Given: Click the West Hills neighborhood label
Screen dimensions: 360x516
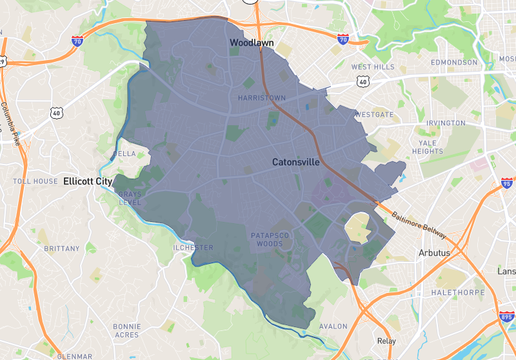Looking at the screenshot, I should (x=374, y=67).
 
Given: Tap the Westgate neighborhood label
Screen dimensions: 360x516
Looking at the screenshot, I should (x=375, y=115).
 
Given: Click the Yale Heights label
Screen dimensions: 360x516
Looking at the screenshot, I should (x=430, y=147).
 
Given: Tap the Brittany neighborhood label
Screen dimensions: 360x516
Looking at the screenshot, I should (x=61, y=247).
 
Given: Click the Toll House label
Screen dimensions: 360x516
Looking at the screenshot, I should (x=35, y=182).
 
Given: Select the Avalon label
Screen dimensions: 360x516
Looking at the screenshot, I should (x=332, y=325).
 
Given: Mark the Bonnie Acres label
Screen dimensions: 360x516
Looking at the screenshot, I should (x=127, y=330).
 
